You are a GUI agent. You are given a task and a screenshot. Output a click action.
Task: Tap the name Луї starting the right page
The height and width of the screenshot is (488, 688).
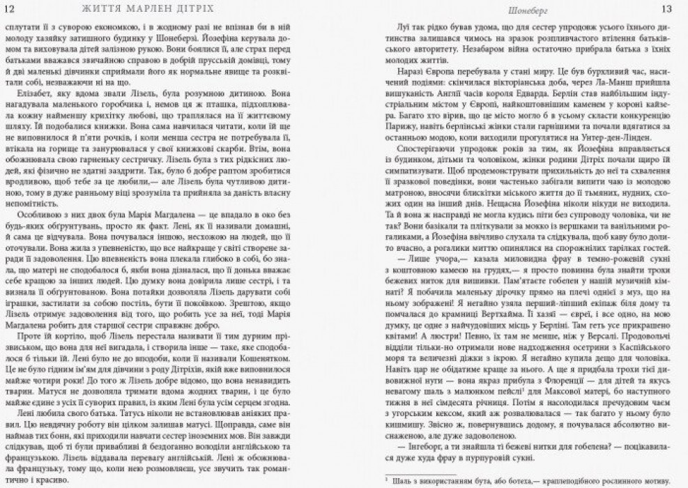pos(400,26)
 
